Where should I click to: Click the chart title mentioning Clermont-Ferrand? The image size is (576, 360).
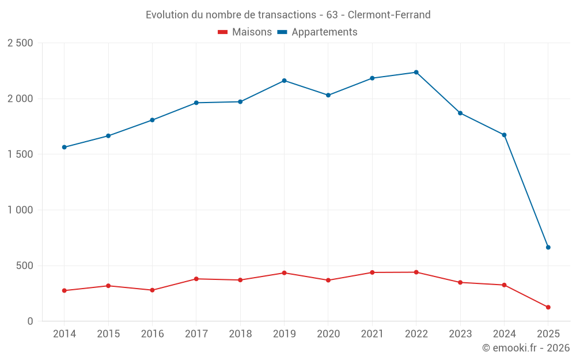coord(288,15)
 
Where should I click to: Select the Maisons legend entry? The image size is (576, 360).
coord(245,32)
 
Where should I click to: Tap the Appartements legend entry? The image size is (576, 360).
coord(317,32)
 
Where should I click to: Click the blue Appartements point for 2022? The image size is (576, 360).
coord(416,73)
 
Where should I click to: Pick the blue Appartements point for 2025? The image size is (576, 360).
coord(548,248)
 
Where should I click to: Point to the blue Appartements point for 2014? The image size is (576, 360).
coord(64,147)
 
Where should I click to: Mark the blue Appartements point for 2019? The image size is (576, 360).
coord(284,81)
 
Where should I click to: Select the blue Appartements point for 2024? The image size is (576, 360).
coord(504,135)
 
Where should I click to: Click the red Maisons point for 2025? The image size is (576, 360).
coord(548,308)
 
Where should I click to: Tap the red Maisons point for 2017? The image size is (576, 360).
coord(196,279)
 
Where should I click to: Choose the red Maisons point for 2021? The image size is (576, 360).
coord(372,272)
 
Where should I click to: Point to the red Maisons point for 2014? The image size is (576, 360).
coord(64,291)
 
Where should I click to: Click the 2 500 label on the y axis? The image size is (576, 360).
coord(20,43)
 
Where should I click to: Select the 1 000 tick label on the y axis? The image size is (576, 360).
coord(20,210)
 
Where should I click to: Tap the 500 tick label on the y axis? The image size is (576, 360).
coord(24,266)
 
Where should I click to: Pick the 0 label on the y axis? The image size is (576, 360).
coord(31,321)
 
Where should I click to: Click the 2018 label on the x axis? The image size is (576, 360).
coord(240,334)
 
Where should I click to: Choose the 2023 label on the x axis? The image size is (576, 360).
coord(460,334)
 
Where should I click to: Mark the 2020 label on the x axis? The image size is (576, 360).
coord(328,334)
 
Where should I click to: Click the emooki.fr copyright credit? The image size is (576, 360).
coord(526,348)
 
